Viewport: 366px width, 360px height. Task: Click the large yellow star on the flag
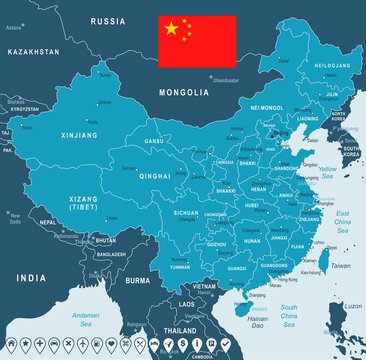171,29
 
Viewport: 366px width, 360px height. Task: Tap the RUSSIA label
107,20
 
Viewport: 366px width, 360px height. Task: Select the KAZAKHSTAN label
33,51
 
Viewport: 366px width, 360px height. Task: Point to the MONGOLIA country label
184,92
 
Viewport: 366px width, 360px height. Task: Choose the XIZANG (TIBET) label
84,204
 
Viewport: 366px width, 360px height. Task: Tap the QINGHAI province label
154,175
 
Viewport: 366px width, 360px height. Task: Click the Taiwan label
340,266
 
